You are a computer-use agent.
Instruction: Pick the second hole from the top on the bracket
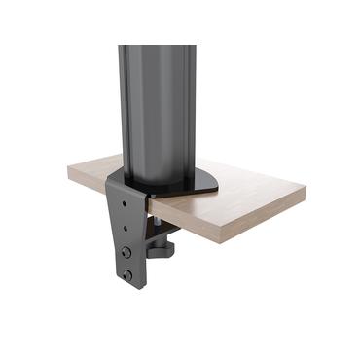coord(125,230)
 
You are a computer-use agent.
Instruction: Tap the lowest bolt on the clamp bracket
coord(126,275)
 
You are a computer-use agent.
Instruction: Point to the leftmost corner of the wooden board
coord(69,171)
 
